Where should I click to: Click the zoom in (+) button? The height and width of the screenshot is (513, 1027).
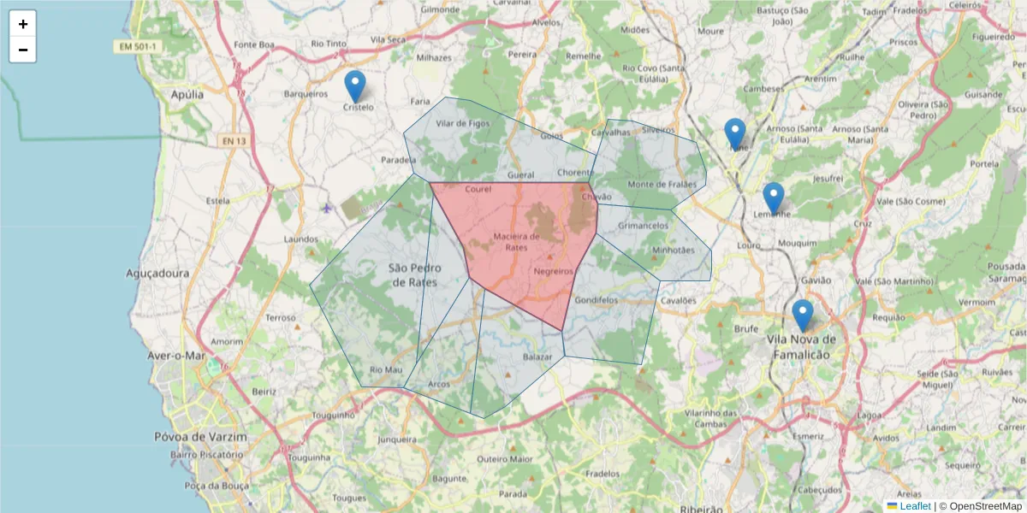coord(23,24)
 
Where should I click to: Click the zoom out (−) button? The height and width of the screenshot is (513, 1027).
coord(23,50)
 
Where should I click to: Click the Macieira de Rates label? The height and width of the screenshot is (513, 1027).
coord(517,241)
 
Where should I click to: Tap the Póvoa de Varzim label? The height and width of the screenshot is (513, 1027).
coord(212,437)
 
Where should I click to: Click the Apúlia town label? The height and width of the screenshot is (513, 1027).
coord(187,95)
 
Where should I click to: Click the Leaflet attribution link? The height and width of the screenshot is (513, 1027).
coord(914,506)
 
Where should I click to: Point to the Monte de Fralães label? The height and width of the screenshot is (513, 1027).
coord(662,185)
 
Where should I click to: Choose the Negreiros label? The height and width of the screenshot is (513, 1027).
coord(553,271)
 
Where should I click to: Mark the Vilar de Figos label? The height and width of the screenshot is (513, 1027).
coord(463,123)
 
